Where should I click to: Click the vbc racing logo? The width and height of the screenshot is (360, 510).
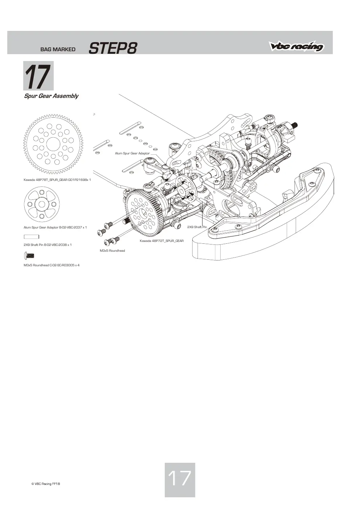click(x=296, y=46)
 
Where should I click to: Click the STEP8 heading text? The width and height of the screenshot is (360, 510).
click(x=113, y=48)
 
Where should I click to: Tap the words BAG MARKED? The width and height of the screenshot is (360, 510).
click(x=58, y=49)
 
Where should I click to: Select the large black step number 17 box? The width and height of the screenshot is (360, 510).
click(x=38, y=76)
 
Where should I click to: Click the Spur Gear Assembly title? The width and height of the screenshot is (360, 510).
click(x=51, y=96)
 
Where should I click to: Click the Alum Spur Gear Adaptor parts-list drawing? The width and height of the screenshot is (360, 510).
click(x=42, y=204)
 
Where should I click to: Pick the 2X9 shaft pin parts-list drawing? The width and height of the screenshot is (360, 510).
click(x=31, y=237)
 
